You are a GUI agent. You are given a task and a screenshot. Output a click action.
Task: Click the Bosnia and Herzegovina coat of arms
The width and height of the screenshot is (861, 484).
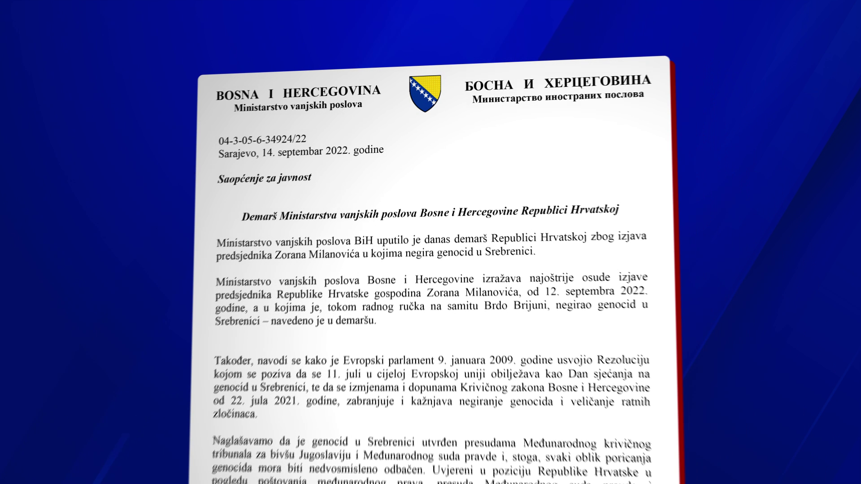[425, 93]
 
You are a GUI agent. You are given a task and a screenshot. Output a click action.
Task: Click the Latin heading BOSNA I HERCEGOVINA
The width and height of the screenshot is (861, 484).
[298, 92]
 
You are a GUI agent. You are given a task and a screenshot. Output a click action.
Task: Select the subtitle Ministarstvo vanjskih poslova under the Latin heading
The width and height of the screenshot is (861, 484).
[298, 106]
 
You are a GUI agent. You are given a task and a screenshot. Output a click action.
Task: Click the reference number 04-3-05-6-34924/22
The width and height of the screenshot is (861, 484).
[262, 140]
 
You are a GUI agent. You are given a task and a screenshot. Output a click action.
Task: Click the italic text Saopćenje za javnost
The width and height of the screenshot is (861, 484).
[264, 178]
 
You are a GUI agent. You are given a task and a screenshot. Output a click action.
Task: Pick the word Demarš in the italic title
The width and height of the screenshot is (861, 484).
[259, 217]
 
